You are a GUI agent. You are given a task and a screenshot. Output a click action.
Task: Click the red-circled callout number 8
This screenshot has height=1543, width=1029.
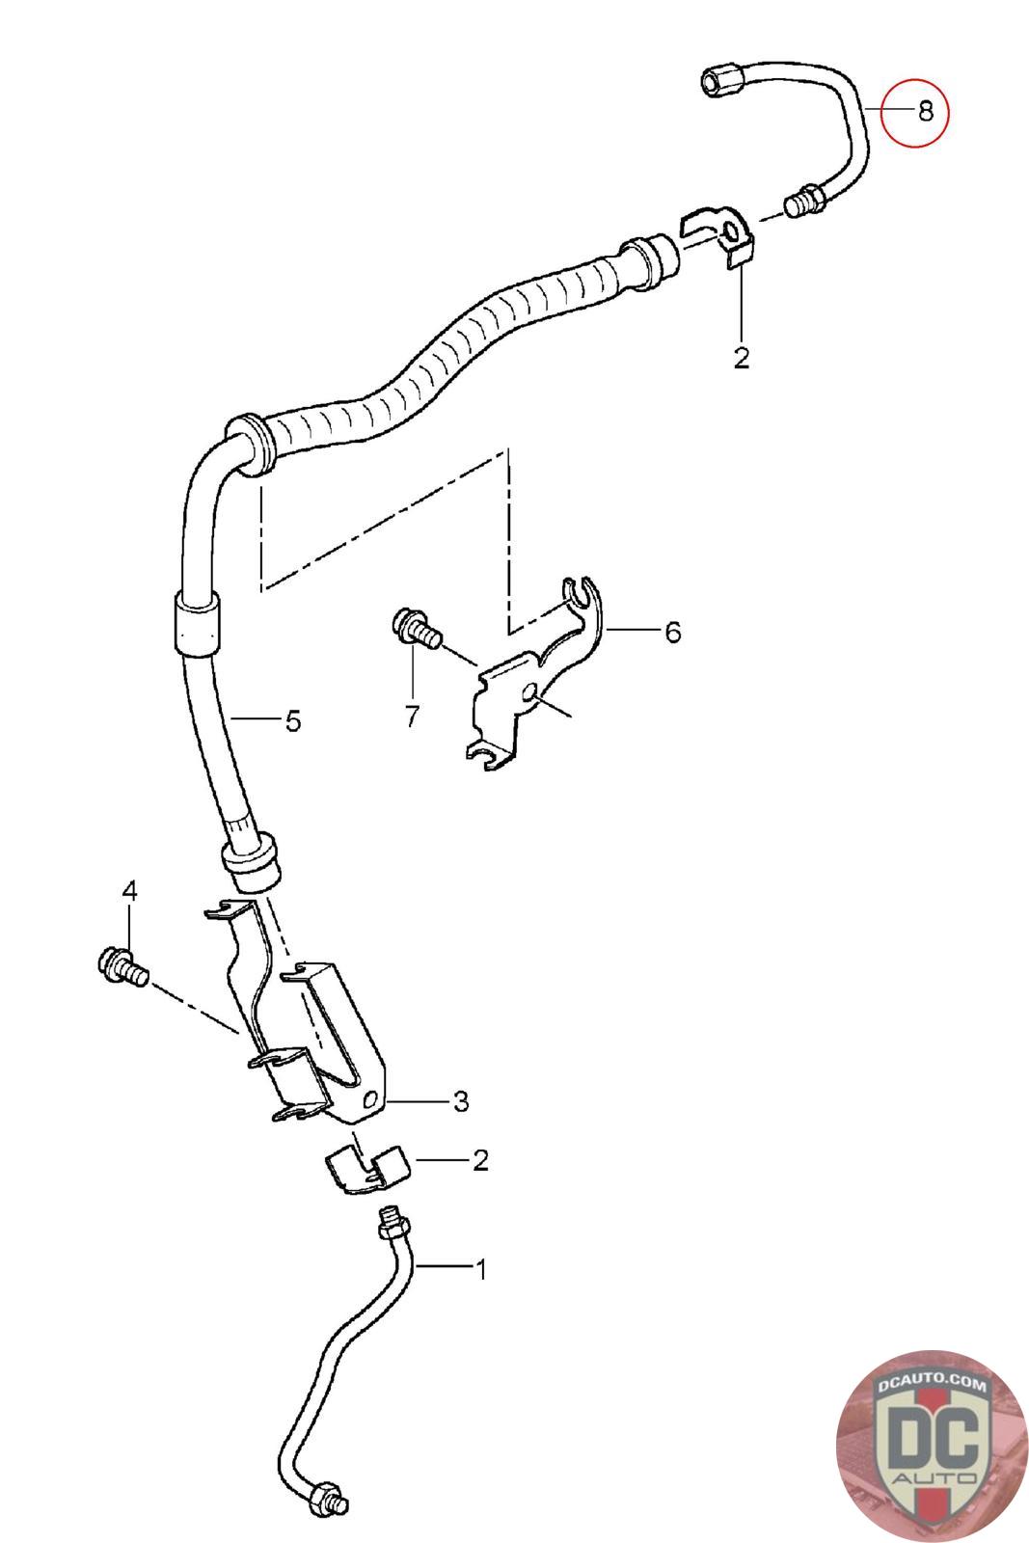pos(925,112)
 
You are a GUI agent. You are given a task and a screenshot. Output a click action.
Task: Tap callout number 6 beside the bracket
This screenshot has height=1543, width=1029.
pos(671,633)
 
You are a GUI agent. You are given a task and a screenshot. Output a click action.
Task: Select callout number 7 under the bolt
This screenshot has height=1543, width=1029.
pos(413,717)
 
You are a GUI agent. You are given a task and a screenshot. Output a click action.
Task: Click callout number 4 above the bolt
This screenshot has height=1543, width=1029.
pos(129,892)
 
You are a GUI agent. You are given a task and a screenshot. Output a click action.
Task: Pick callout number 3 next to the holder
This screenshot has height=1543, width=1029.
pos(460,1100)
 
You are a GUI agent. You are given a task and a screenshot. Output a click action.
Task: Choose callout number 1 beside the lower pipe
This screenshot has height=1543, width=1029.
pos(480,1269)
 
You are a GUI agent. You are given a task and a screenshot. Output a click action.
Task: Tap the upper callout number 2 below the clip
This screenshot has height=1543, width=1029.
pos(741,359)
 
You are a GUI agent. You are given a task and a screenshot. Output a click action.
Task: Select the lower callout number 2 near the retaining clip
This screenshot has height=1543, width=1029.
pos(480,1160)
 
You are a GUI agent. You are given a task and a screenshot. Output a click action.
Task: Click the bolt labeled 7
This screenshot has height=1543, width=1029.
pos(413,628)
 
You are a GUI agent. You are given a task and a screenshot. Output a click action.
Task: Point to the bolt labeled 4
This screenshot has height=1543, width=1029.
pos(121,966)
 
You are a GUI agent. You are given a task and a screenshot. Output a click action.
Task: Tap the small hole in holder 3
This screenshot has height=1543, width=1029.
pos(371,1099)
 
